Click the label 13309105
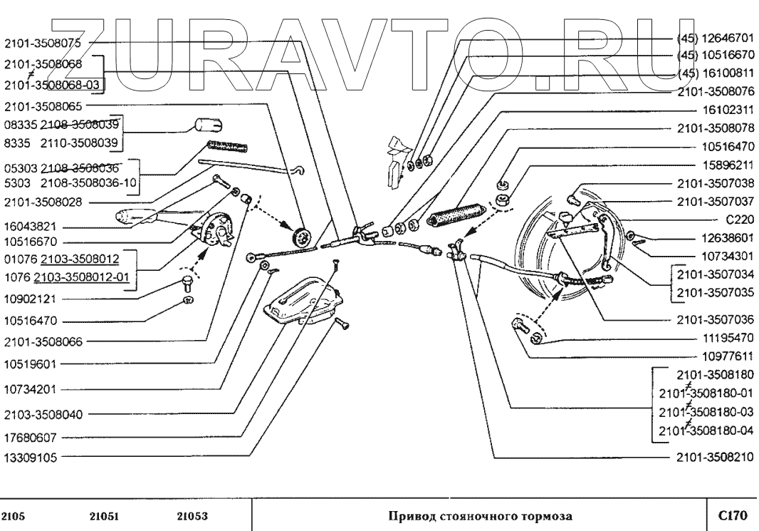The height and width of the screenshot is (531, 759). tap(30, 458)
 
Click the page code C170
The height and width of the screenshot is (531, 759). tap(732, 514)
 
